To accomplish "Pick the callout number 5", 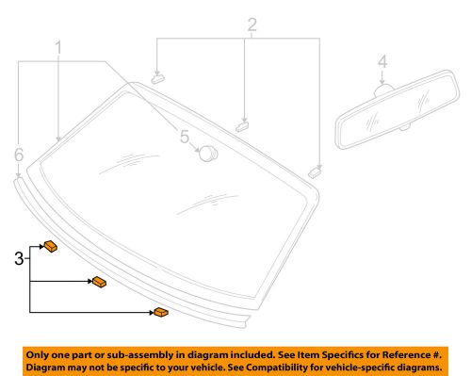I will point(185,138).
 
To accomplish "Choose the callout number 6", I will point(19,154).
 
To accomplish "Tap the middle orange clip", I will point(98,282).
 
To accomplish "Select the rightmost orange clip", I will point(162,311).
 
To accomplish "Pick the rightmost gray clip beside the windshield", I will point(315,171).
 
